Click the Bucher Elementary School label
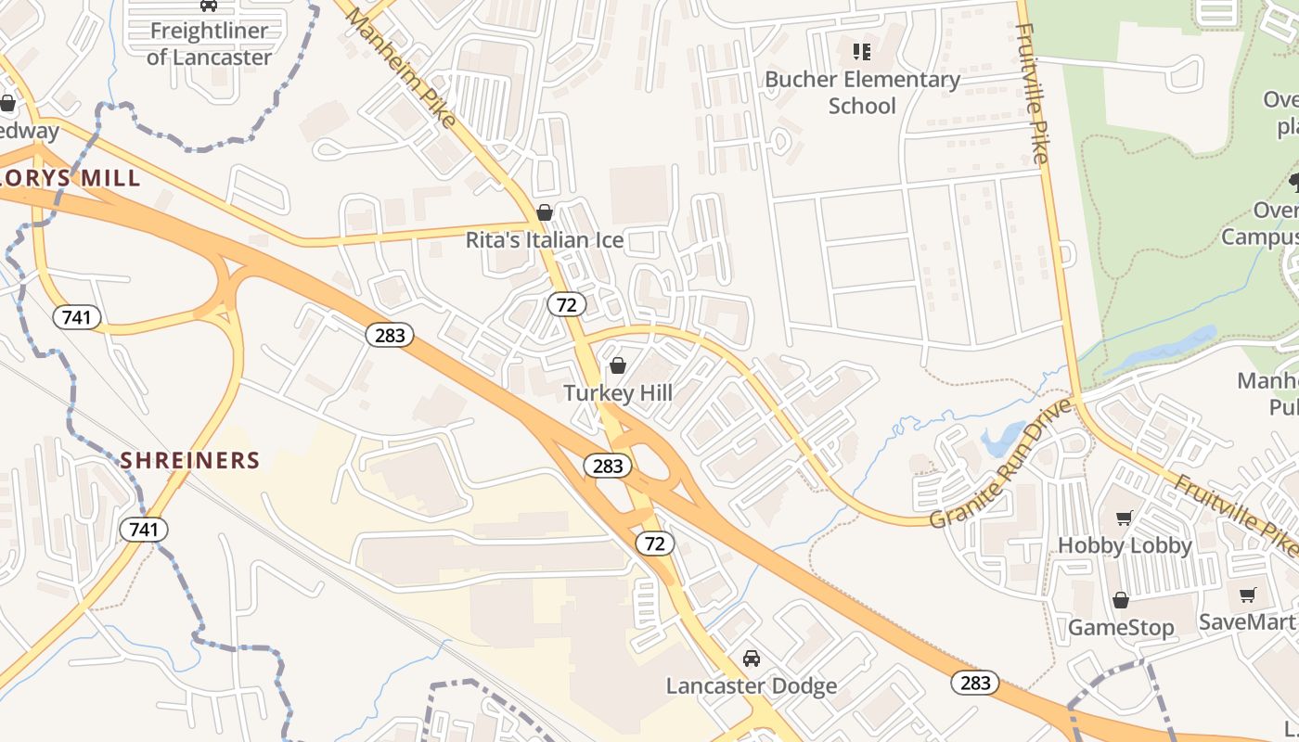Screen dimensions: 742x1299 point(862,92)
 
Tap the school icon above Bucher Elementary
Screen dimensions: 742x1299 point(862,51)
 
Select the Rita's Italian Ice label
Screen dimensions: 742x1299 point(544,241)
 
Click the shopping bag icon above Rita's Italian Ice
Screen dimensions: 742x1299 point(545,213)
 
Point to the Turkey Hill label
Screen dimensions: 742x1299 point(618,393)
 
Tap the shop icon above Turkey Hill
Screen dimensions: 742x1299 point(618,365)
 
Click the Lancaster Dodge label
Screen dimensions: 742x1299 point(752,686)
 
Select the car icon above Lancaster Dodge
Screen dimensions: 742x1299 point(752,659)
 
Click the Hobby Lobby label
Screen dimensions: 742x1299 point(1125,545)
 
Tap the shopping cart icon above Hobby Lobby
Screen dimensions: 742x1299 point(1125,518)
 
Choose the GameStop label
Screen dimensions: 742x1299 point(1121,628)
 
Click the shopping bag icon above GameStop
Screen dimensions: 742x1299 point(1121,600)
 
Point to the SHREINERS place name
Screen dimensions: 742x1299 point(190,460)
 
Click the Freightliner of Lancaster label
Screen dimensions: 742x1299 point(210,44)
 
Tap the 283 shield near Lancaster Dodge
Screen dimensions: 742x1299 point(975,684)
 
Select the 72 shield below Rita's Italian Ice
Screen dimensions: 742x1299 point(566,304)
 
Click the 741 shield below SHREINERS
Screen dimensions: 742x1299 point(144,530)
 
